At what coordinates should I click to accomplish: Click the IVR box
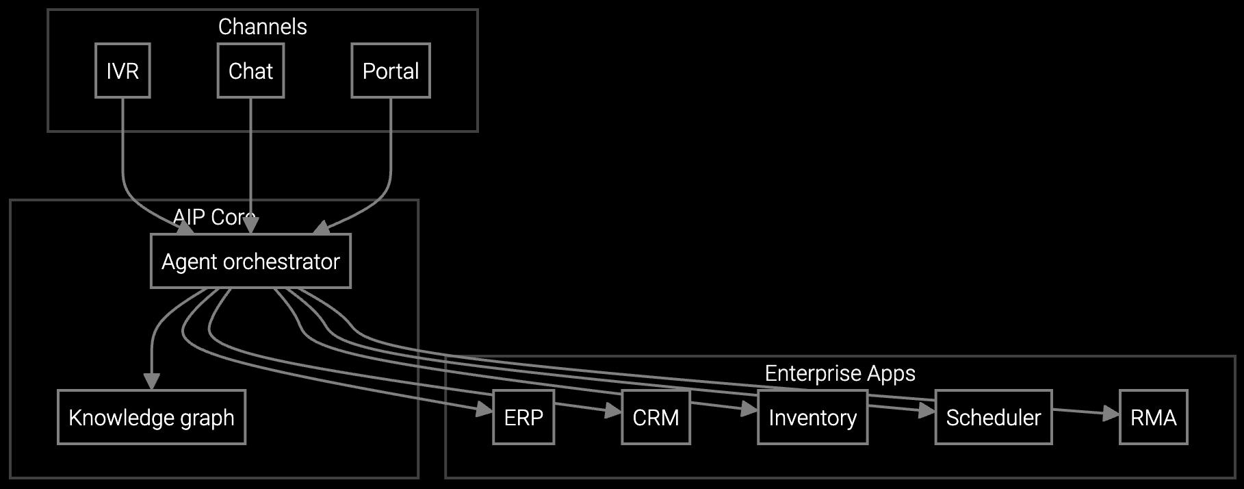click(122, 71)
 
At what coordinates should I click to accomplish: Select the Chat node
click(250, 71)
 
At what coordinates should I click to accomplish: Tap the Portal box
click(391, 71)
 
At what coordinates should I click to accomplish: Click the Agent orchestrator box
click(250, 261)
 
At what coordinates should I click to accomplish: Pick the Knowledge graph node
click(151, 417)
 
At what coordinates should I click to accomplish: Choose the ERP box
click(523, 417)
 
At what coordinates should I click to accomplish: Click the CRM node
click(656, 417)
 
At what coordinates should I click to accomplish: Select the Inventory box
click(812, 417)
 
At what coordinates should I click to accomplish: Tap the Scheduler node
click(993, 417)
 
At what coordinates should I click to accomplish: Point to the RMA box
click(1153, 417)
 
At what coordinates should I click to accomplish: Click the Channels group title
click(262, 27)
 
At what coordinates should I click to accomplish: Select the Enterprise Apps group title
click(840, 373)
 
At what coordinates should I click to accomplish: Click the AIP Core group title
click(213, 217)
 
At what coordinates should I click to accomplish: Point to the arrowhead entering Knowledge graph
click(151, 382)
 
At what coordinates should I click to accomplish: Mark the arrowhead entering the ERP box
click(485, 410)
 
